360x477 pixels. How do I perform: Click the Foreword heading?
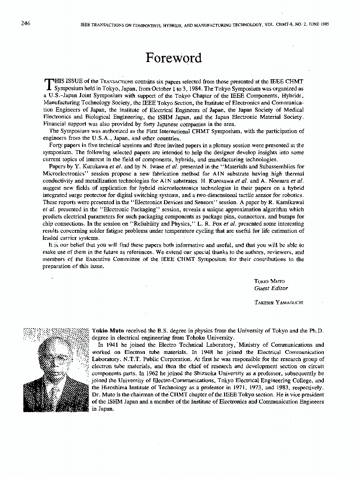pyautogui.click(x=174, y=58)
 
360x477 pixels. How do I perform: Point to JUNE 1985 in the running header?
pyautogui.click(x=318, y=24)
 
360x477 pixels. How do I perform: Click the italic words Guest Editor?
pyautogui.click(x=271, y=288)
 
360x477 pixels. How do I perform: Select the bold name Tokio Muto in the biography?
pyautogui.click(x=107, y=330)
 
